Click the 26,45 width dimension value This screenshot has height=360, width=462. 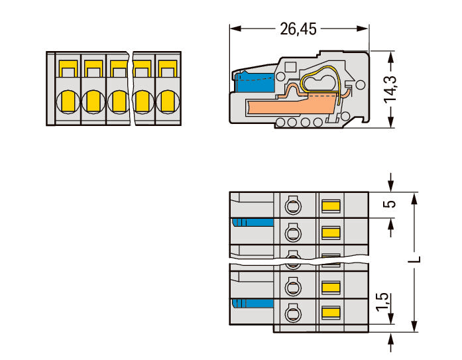(x=298, y=29)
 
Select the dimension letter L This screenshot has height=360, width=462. (x=414, y=259)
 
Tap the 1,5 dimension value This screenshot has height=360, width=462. (x=382, y=302)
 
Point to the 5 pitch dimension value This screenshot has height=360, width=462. (x=390, y=204)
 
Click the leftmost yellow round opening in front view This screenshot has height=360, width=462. (x=68, y=101)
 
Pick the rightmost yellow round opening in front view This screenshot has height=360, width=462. (x=168, y=101)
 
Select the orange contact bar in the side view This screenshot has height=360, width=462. (x=292, y=105)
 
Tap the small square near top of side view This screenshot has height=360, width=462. (x=290, y=67)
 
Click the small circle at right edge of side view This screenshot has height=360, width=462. (x=361, y=85)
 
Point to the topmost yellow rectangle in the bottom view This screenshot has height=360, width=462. (x=331, y=206)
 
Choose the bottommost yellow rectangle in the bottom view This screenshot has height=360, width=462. (x=331, y=312)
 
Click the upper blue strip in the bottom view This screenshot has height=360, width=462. (x=253, y=222)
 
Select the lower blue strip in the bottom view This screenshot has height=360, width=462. (x=253, y=304)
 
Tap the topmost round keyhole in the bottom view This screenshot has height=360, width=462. (x=292, y=204)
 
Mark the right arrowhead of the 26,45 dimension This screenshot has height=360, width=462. (x=363, y=29)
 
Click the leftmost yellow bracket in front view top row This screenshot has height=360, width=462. (x=68, y=68)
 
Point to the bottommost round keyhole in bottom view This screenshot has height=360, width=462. (x=292, y=312)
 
